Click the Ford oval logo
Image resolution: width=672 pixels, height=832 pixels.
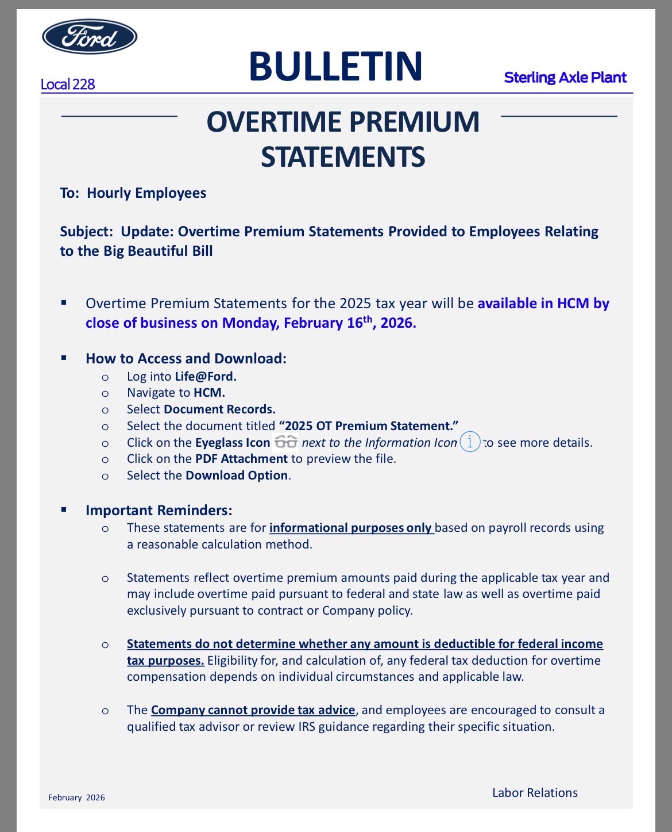[90, 37]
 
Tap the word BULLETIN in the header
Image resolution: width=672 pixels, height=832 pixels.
[336, 66]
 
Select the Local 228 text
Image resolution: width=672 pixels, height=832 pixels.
[67, 85]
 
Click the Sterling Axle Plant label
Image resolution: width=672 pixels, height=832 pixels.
[565, 78]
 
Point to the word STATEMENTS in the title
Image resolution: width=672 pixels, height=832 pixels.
[343, 157]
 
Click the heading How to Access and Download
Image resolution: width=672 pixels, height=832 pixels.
[186, 359]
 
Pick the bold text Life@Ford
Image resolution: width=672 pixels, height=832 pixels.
[206, 377]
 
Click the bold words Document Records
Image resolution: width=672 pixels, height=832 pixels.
[219, 409]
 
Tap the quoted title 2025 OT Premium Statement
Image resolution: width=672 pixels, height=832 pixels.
[368, 426]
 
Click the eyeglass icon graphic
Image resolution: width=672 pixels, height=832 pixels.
[285, 442]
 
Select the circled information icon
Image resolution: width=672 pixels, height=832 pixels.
[470, 442]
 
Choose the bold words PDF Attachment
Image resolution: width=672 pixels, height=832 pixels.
[241, 459]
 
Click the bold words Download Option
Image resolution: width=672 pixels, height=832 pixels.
[237, 476]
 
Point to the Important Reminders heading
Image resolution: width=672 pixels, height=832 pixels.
[159, 511]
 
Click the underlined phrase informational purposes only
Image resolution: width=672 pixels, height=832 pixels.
[350, 528]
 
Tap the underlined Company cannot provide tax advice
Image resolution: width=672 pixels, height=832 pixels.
[253, 710]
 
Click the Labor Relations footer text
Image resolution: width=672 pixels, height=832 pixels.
[535, 793]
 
